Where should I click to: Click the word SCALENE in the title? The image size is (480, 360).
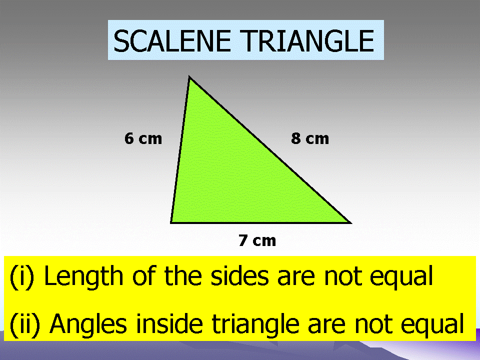[x=172, y=41]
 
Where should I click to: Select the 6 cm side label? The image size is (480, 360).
[x=143, y=138]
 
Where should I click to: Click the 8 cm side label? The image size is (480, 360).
[x=310, y=138]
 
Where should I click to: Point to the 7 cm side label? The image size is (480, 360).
[x=257, y=240]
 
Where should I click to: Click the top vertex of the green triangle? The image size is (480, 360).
[x=189, y=77]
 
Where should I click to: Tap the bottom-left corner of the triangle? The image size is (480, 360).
[x=171, y=222]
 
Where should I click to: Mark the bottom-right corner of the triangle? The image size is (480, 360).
[x=349, y=222]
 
